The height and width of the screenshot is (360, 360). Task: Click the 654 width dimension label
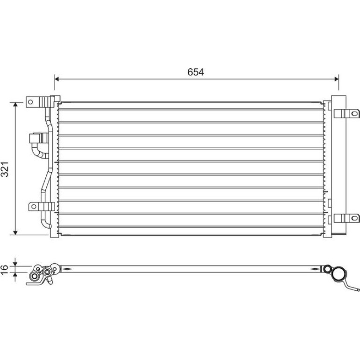tap(195, 72)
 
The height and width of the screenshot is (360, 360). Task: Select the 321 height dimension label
tap(5, 169)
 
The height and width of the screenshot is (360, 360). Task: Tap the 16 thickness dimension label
tap(4, 270)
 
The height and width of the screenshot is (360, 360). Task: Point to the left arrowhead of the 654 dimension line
tap(57, 79)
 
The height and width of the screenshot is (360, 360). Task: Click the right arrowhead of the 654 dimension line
tap(336, 79)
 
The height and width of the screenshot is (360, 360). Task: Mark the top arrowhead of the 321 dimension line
tap(15, 105)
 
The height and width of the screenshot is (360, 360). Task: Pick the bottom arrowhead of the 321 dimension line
tap(15, 232)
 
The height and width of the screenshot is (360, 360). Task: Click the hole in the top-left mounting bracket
tap(30, 102)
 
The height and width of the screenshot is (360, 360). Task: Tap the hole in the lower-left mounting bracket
tap(34, 206)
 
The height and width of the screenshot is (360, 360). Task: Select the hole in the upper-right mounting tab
tap(354, 114)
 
